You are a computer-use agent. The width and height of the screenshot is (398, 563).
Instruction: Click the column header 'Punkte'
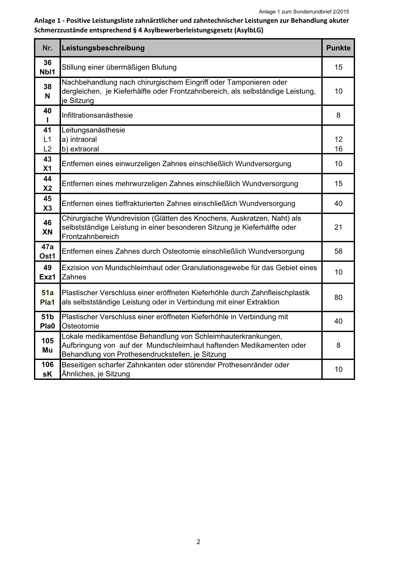(x=338, y=48)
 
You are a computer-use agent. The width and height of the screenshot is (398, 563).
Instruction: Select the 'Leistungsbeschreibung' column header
(x=103, y=48)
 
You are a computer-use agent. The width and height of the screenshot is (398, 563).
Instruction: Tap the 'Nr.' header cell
(x=47, y=48)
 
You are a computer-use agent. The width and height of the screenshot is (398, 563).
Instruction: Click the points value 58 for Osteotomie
(x=338, y=251)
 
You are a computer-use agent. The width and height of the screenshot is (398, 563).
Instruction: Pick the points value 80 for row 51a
(x=338, y=297)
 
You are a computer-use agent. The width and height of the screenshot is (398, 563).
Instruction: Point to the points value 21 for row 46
(x=338, y=227)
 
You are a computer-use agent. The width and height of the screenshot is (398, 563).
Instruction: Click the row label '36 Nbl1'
(x=47, y=67)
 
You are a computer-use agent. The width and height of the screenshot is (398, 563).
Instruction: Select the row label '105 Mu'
(x=47, y=345)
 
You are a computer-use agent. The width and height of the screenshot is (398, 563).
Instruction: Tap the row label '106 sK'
(x=47, y=369)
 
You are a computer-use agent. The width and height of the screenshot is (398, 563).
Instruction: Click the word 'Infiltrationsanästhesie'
(x=97, y=115)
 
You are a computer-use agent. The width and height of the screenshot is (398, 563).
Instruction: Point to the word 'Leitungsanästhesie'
(x=93, y=130)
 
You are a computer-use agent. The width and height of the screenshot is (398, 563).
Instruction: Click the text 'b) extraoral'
(x=80, y=149)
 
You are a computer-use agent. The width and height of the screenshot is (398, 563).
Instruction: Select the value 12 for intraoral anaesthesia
(x=338, y=139)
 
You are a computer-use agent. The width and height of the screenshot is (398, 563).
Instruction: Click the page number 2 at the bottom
(x=198, y=542)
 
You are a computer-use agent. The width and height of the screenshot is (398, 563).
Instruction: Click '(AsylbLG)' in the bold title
(x=249, y=30)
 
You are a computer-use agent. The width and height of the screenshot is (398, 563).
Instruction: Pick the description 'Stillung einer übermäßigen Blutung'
(x=119, y=67)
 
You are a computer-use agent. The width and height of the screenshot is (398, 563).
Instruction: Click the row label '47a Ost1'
(x=47, y=251)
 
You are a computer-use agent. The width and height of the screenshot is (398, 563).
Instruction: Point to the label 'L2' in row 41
(x=47, y=149)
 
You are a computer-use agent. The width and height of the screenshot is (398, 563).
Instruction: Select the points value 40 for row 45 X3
(x=338, y=203)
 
